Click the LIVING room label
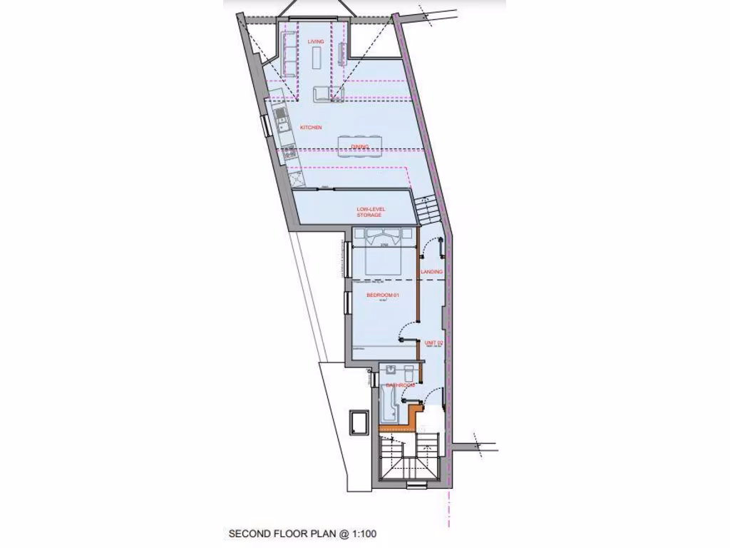pos(316,42)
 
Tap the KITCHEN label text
pos(310,128)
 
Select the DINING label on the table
pos(360,147)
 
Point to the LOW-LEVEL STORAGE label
pos(371,212)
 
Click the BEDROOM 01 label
pos(381,295)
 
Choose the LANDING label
pos(431,273)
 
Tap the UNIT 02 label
pos(434,343)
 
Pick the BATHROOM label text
pos(401,385)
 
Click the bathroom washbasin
pos(391,370)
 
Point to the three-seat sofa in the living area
pos(289,54)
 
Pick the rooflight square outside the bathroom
pos(358,422)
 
